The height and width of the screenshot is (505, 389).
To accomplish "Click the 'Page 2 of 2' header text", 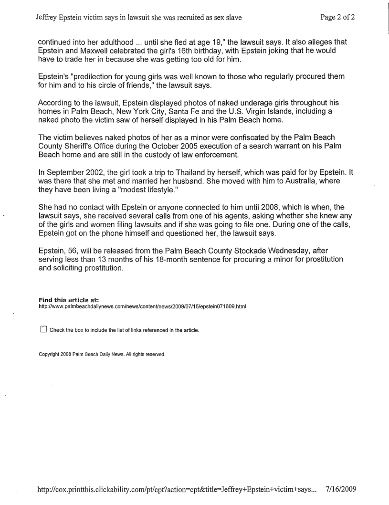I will (x=337, y=18).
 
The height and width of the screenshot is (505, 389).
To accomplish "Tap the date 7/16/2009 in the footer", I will (x=341, y=489).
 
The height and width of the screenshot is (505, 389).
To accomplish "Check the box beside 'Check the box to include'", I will (x=44, y=329).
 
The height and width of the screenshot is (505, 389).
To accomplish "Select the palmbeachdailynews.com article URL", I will (x=142, y=306).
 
